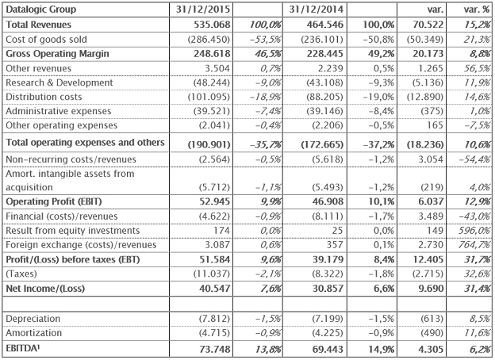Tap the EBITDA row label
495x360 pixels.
click(23, 349)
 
